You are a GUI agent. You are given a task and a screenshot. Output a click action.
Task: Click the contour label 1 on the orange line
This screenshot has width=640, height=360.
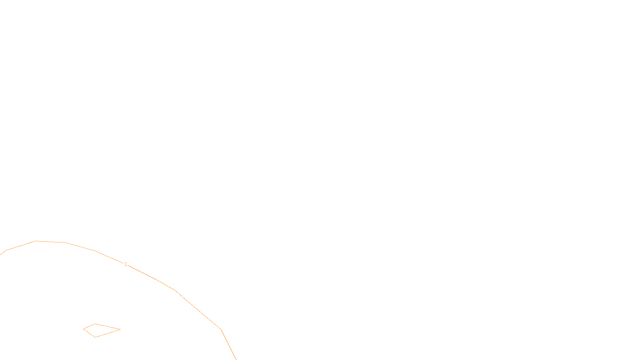pyautogui.click(x=126, y=264)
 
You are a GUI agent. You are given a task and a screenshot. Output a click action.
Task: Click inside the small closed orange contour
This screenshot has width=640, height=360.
pyautogui.click(x=98, y=330)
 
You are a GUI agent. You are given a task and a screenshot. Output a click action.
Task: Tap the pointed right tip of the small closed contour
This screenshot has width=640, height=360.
pyautogui.click(x=120, y=330)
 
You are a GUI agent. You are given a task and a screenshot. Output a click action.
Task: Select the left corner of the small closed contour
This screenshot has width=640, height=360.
pyautogui.click(x=84, y=329)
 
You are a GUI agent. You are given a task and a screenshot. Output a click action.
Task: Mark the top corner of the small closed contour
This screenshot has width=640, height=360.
pyautogui.click(x=95, y=324)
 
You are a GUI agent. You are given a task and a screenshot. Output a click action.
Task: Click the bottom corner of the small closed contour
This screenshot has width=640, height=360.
pyautogui.click(x=95, y=337)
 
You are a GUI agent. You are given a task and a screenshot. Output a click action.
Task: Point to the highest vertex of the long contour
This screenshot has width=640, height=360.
pyautogui.click(x=36, y=241)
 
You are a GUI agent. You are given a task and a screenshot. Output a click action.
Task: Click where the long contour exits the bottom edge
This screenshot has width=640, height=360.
pyautogui.click(x=236, y=359)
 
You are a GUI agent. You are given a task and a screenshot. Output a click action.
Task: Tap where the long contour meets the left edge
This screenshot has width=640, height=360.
pyautogui.click(x=0, y=254)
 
